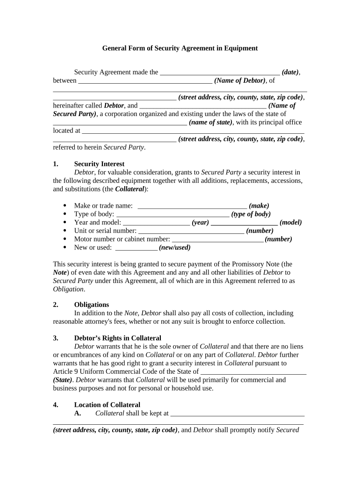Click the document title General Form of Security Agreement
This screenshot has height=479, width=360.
[180, 48]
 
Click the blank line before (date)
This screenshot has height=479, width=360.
[220, 73]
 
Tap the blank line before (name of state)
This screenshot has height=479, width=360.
[120, 123]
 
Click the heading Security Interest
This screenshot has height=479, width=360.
[99, 164]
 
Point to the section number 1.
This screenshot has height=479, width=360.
[56, 164]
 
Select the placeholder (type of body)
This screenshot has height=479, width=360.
[251, 214]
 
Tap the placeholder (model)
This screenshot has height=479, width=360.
[290, 223]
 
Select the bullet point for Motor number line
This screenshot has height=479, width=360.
[64, 239]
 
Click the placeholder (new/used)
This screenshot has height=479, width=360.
[175, 248]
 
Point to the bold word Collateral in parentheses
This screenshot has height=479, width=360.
[130, 189]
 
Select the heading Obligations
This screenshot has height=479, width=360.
[92, 305]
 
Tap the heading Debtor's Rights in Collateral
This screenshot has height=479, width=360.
[117, 338]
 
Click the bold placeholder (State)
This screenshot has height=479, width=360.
[64, 380]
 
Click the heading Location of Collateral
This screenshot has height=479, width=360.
[107, 405]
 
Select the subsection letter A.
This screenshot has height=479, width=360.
[78, 414]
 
